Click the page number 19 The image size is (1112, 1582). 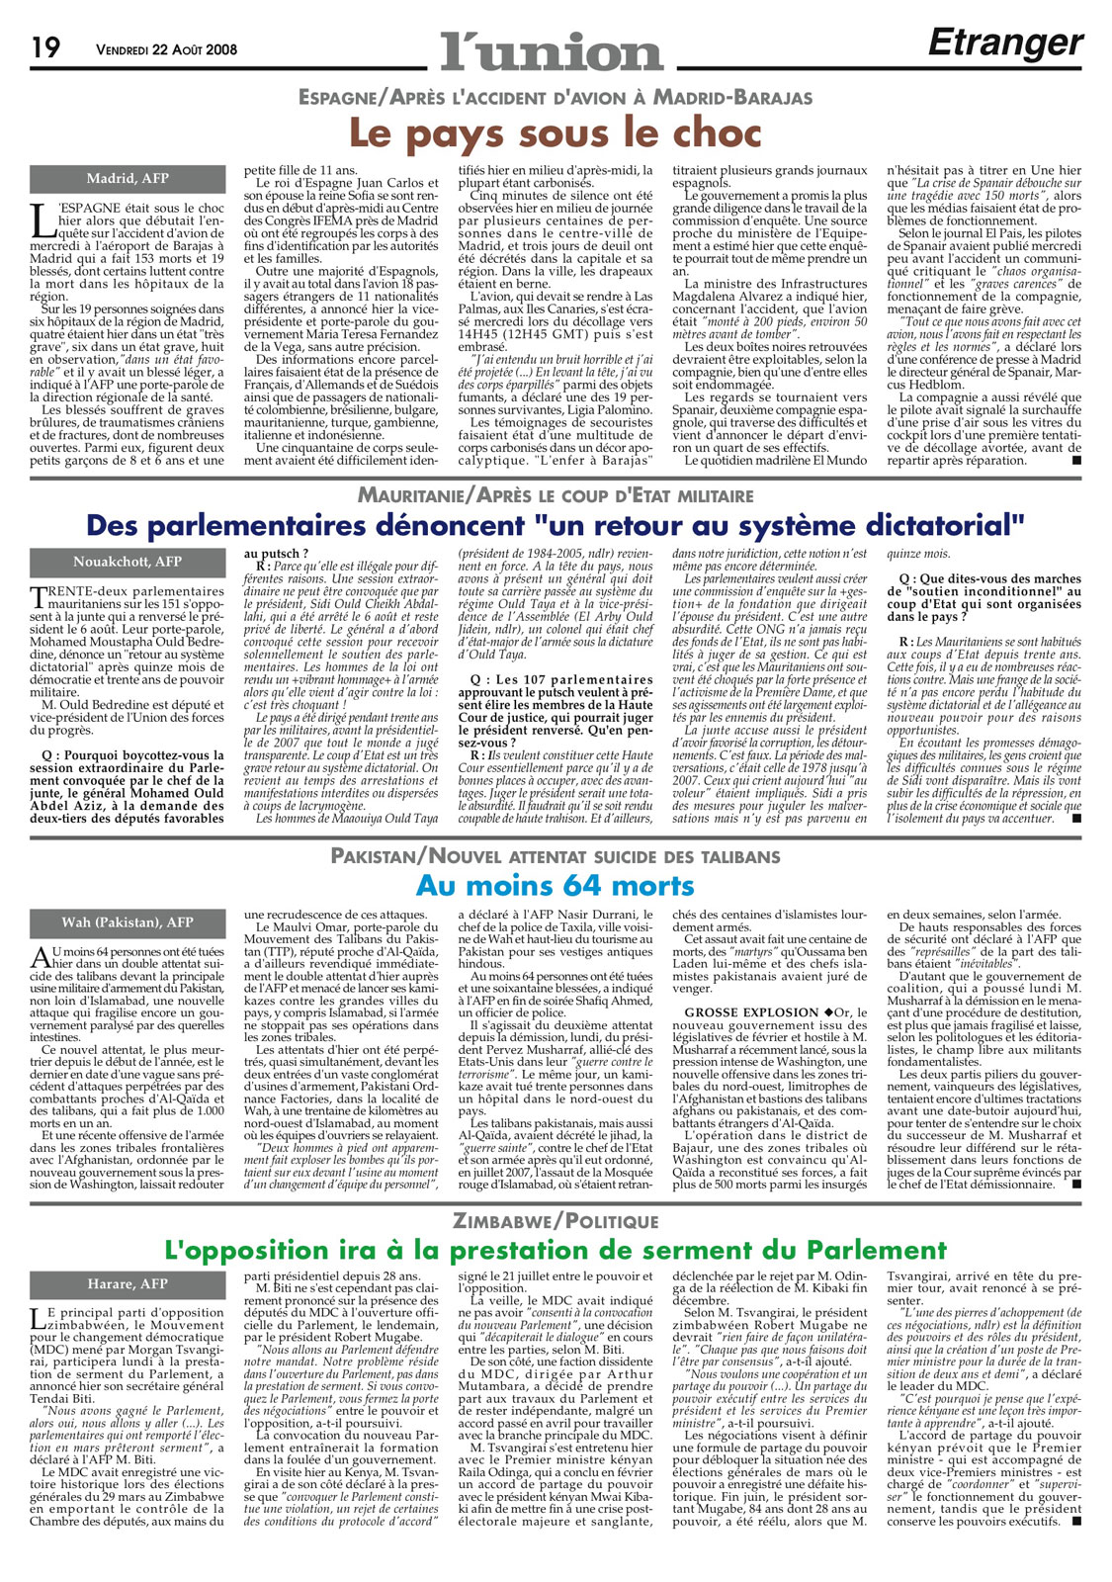point(45,46)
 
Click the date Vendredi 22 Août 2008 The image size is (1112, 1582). point(166,49)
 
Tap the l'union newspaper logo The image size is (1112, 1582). point(552,49)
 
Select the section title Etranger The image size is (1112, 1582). point(1005,43)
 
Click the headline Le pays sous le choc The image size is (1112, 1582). point(556,132)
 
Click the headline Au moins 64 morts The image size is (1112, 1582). point(555,885)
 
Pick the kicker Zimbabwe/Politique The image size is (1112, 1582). point(556,1221)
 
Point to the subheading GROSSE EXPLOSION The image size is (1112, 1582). point(751,1012)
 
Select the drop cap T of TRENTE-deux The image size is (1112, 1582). point(38,596)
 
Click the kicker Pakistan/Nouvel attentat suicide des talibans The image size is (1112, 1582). point(556,856)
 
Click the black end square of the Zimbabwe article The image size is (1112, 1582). point(1076,1548)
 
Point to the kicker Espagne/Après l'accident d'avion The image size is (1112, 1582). point(556,97)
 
